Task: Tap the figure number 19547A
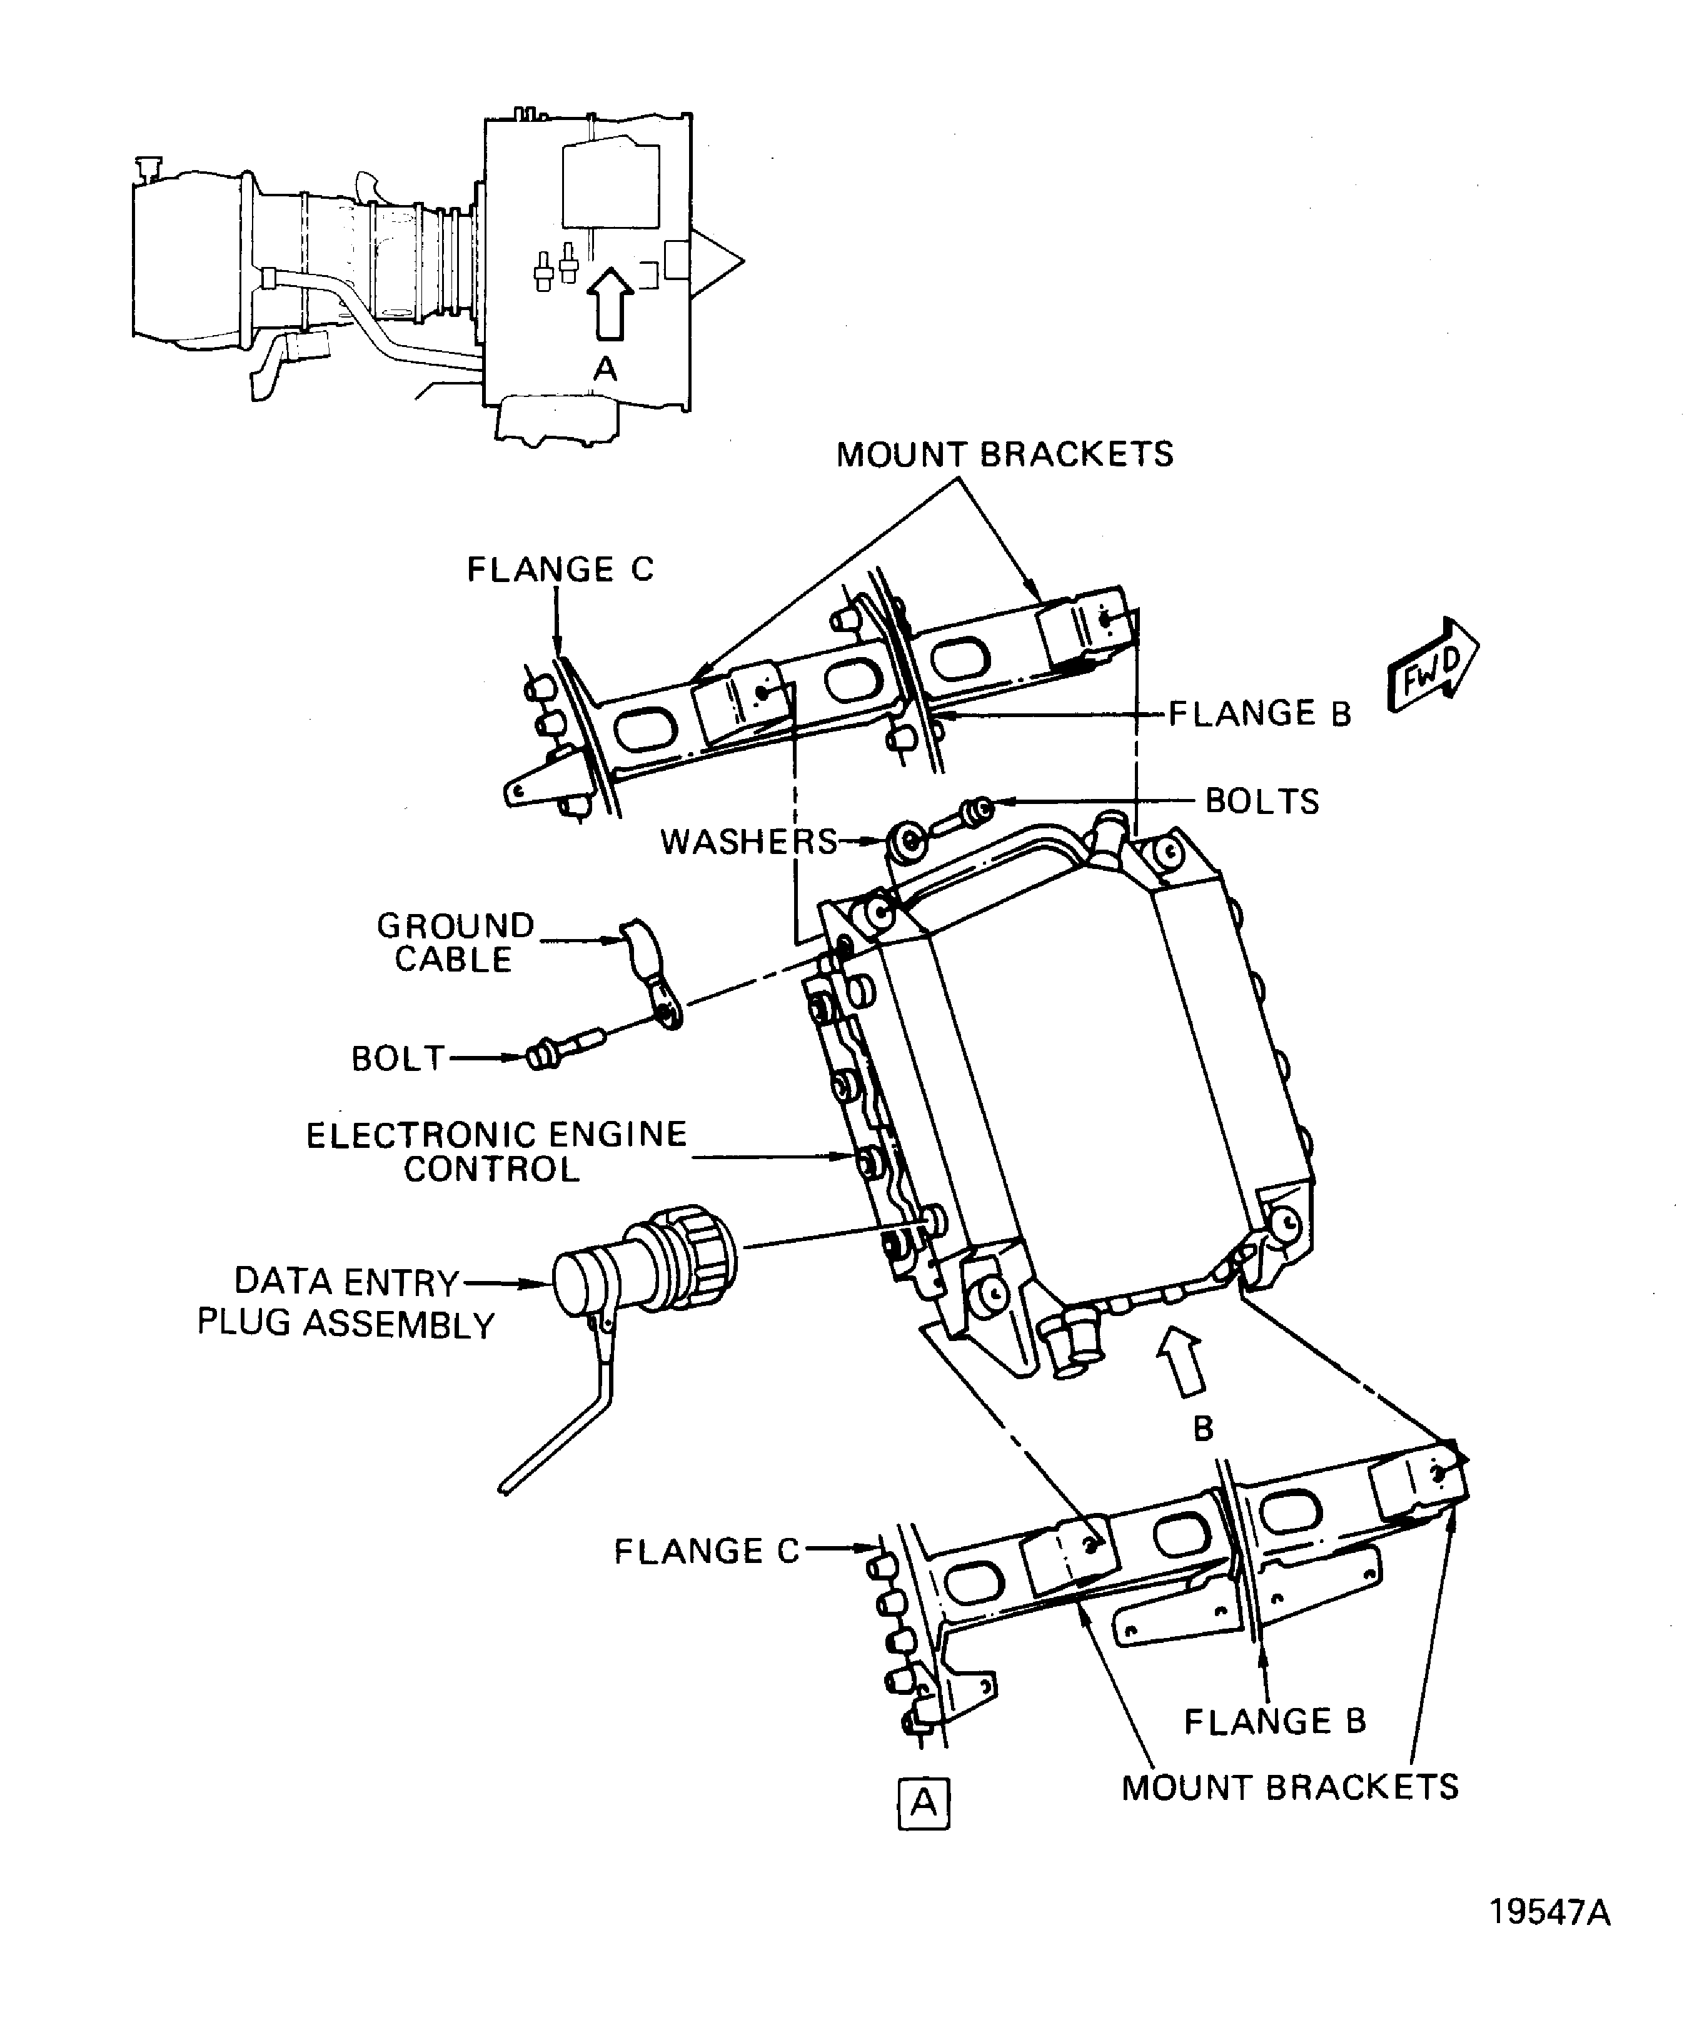click(1549, 1912)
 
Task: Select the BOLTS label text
click(1261, 801)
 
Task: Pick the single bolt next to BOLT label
click(565, 1050)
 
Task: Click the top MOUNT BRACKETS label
click(1005, 455)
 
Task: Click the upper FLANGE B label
click(1259, 714)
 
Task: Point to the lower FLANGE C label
click(705, 1551)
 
